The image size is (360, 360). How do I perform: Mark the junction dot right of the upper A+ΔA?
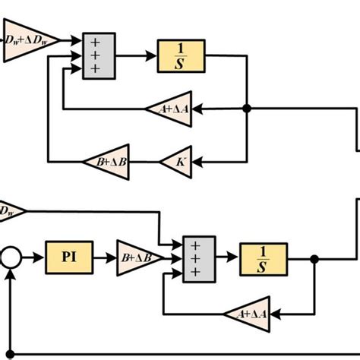[246, 109]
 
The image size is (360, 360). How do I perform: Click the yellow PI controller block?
[67, 258]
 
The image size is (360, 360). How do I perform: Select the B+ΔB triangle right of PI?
[137, 258]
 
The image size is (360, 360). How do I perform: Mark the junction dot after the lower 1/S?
[314, 258]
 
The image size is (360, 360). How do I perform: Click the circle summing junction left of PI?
[10, 258]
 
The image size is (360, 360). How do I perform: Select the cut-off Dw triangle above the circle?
[11, 210]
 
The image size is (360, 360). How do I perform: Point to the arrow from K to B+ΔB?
[144, 160]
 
